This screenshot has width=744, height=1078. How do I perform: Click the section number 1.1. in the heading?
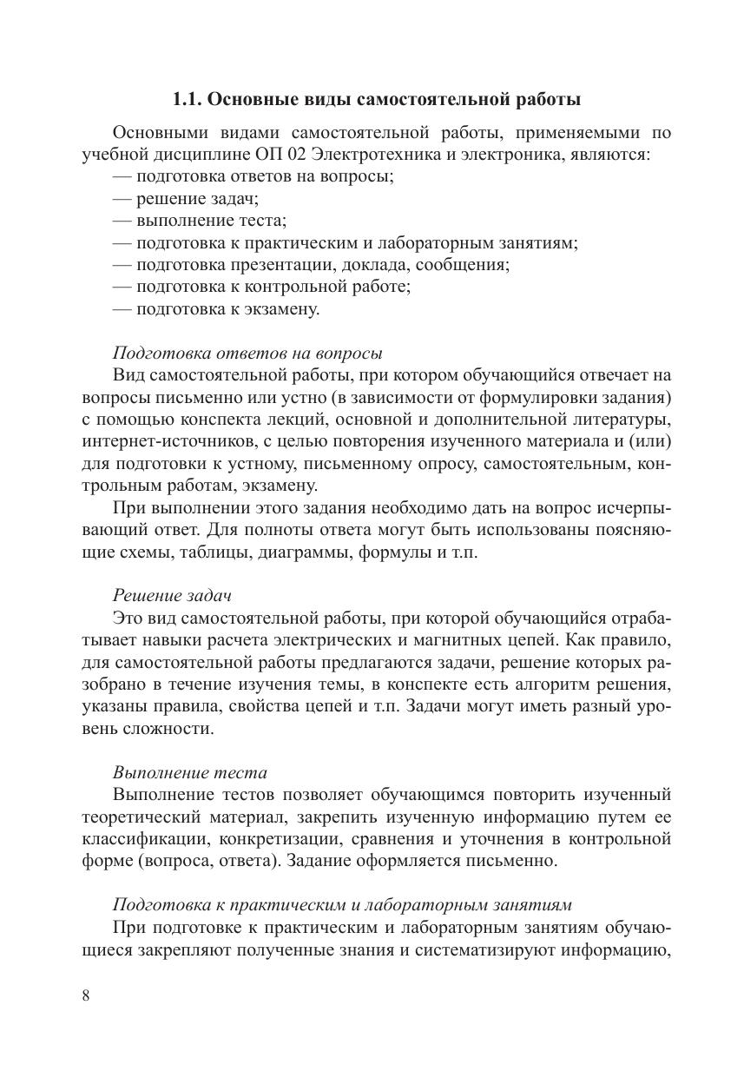click(188, 100)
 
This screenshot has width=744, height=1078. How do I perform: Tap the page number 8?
click(86, 995)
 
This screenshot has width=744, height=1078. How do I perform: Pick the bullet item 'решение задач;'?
click(185, 199)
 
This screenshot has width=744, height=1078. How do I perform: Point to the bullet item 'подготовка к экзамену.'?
click(216, 308)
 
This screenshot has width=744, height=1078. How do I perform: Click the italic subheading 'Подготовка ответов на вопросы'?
click(248, 354)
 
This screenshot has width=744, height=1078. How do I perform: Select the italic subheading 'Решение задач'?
click(171, 596)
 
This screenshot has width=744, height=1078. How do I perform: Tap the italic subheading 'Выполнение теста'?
click(190, 772)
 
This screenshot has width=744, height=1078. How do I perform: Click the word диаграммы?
click(309, 552)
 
